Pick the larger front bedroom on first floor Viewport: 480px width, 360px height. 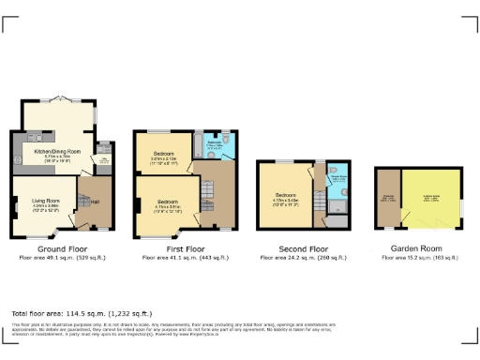tap(167, 202)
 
